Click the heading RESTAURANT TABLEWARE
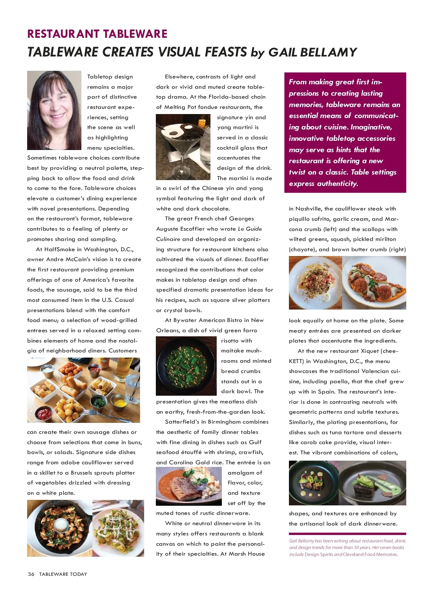pyautogui.click(x=97, y=34)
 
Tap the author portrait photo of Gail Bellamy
pyautogui.click(x=54, y=110)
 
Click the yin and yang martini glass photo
pyautogui.click(x=183, y=147)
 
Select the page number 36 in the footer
pyautogui.click(x=31, y=574)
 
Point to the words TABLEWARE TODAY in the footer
pyautogui.click(x=63, y=574)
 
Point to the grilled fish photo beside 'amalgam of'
pyautogui.click(x=188, y=486)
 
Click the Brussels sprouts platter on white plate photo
pyautogui.click(x=118, y=528)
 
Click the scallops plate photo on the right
pyautogui.click(x=374, y=283)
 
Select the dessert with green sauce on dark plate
pyautogui.click(x=373, y=483)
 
